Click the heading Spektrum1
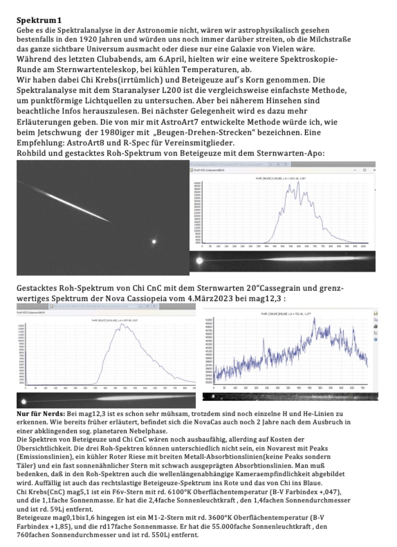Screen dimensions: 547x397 pos(39,21)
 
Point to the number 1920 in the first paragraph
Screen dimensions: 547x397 pos(88,39)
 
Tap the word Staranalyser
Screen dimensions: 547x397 pos(153,90)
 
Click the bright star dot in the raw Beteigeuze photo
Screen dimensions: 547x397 pos(154,241)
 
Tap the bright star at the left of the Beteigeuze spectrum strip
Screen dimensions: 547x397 pos(199,261)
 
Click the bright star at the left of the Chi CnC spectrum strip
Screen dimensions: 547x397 pos(24,402)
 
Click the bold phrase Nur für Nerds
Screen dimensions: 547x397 pos(40,414)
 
